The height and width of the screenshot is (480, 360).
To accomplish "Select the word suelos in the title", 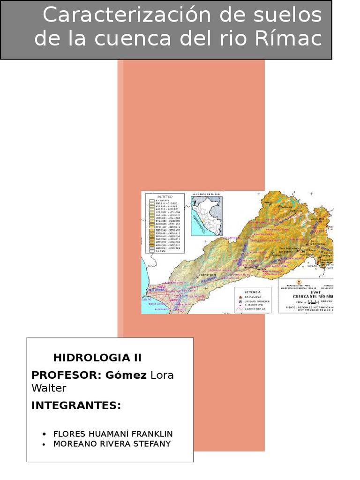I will [294, 15].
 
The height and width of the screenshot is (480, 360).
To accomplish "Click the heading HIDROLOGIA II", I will [97, 358].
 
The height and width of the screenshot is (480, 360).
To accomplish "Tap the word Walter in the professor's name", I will [49, 388].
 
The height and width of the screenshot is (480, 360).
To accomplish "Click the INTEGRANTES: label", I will [76, 405].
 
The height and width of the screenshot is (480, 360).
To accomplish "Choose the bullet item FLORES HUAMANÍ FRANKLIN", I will [113, 434].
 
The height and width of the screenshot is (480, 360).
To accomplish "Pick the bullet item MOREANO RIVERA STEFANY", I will [112, 443].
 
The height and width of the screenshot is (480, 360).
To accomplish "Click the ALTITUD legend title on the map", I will [164, 196].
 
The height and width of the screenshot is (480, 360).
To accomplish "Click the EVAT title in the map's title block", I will [307, 292].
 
